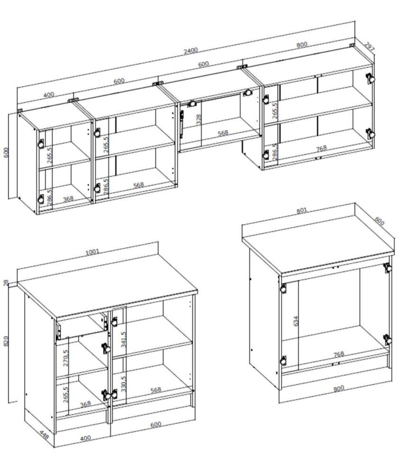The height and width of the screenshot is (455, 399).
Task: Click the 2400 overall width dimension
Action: point(190,51)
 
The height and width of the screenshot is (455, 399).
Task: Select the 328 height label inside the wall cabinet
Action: point(199,119)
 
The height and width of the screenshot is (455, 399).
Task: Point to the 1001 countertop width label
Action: point(92,252)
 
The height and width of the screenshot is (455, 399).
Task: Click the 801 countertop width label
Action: point(302,210)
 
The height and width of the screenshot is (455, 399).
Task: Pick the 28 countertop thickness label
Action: point(6,282)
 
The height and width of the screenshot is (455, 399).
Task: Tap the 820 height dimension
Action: point(6,341)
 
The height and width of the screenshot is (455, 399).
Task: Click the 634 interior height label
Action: point(296,321)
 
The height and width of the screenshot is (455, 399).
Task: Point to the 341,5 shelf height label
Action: point(123,339)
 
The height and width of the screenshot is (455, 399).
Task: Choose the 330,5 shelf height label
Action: point(123,384)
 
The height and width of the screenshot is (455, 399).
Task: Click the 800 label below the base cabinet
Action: point(339,388)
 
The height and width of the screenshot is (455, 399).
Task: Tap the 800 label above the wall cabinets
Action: point(302,45)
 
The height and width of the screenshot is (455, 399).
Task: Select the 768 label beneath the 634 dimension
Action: point(339,355)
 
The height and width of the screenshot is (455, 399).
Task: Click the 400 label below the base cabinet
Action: point(85,438)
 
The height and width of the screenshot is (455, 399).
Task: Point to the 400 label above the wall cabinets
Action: point(48,95)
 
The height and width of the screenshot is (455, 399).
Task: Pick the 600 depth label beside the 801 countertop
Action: point(379,221)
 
